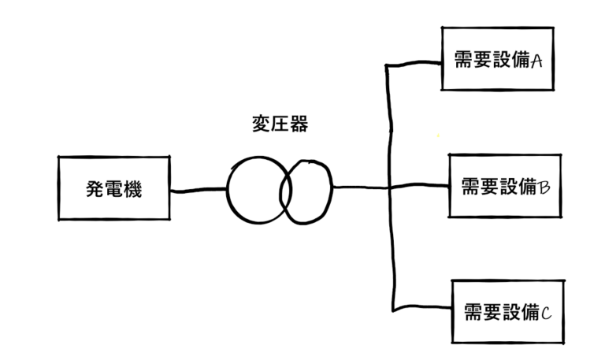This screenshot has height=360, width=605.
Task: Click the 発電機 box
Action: click(x=115, y=188)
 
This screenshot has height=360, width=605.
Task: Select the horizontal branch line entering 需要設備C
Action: click(x=421, y=309)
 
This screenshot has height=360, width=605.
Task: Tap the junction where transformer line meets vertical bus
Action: click(x=390, y=187)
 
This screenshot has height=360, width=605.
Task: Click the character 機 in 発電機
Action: click(x=133, y=189)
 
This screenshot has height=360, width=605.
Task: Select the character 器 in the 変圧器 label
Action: click(x=297, y=124)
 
